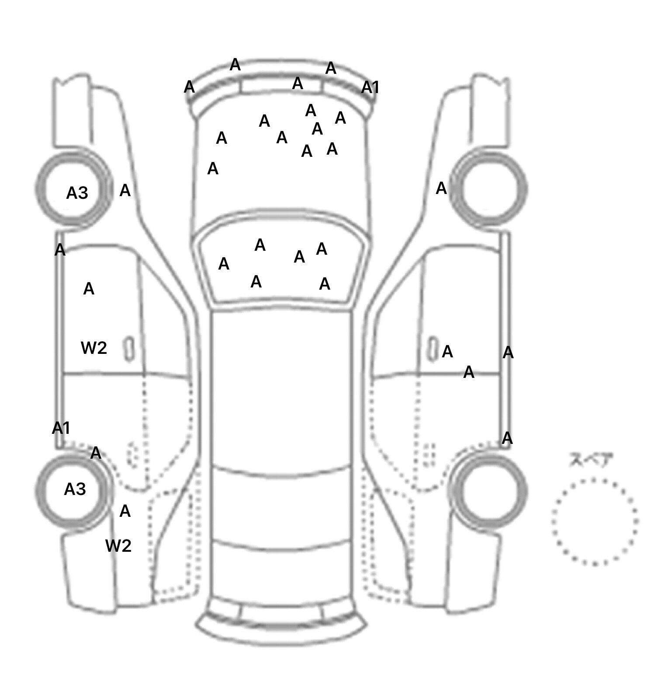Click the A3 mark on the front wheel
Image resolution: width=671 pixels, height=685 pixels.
77,193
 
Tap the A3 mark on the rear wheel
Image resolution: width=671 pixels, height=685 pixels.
75,489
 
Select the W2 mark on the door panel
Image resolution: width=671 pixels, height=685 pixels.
94,348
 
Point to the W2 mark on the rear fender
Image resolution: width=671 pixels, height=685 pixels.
118,546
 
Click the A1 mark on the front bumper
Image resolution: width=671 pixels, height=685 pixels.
370,88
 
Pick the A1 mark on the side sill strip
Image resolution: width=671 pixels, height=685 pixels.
61,428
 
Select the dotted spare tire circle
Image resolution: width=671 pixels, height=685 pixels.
594,522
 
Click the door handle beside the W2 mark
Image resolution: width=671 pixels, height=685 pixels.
129,349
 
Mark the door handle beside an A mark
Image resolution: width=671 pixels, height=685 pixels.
433,348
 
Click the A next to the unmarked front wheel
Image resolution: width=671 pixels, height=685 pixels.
441,188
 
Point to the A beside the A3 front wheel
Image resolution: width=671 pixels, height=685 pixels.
125,190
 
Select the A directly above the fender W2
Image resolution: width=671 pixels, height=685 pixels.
125,511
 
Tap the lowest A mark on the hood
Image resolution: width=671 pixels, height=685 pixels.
213,168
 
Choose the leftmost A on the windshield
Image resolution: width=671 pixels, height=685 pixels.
224,264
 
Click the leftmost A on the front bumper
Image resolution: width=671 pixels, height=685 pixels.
189,87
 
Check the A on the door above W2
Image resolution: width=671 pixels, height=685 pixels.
89,289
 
